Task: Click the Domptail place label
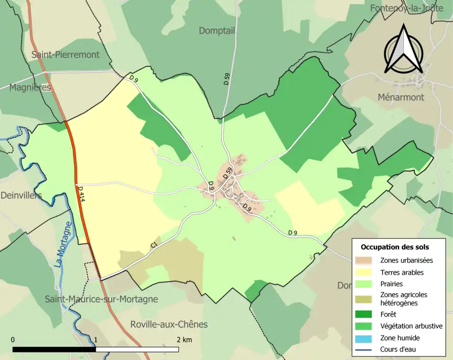click(x=217, y=31)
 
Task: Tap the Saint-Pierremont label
click(x=66, y=54)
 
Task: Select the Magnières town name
click(x=30, y=87)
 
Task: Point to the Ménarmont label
click(x=401, y=97)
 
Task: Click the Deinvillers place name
click(x=21, y=195)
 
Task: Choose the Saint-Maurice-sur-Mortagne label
click(x=101, y=299)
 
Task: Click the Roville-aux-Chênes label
click(x=168, y=325)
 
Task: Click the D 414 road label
click(x=81, y=194)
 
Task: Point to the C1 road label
click(x=153, y=245)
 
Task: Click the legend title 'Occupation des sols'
click(x=394, y=247)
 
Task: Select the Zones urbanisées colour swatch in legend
click(x=365, y=260)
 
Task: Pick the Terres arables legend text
click(x=402, y=272)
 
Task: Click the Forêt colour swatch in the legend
click(x=365, y=314)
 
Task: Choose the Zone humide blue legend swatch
click(x=365, y=338)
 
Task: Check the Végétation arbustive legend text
click(x=411, y=326)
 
